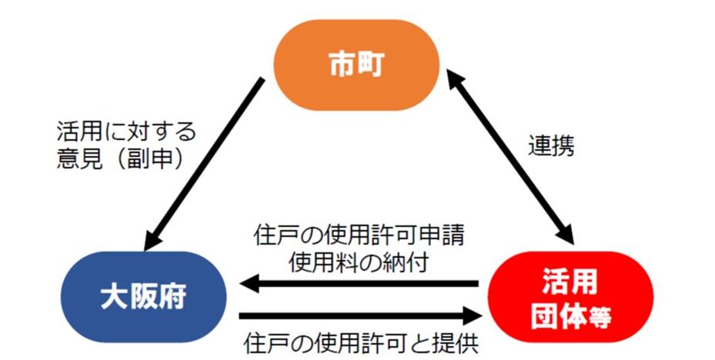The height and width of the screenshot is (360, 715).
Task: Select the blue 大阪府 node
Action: tap(143, 297)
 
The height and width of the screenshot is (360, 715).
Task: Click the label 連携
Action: tap(551, 146)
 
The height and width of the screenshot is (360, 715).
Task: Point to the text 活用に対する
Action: tap(126, 128)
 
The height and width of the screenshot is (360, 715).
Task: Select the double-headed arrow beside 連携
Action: tap(511, 154)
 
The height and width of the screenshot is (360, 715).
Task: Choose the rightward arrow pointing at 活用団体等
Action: tap(362, 314)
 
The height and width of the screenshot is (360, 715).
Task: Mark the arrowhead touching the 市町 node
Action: tap(453, 75)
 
